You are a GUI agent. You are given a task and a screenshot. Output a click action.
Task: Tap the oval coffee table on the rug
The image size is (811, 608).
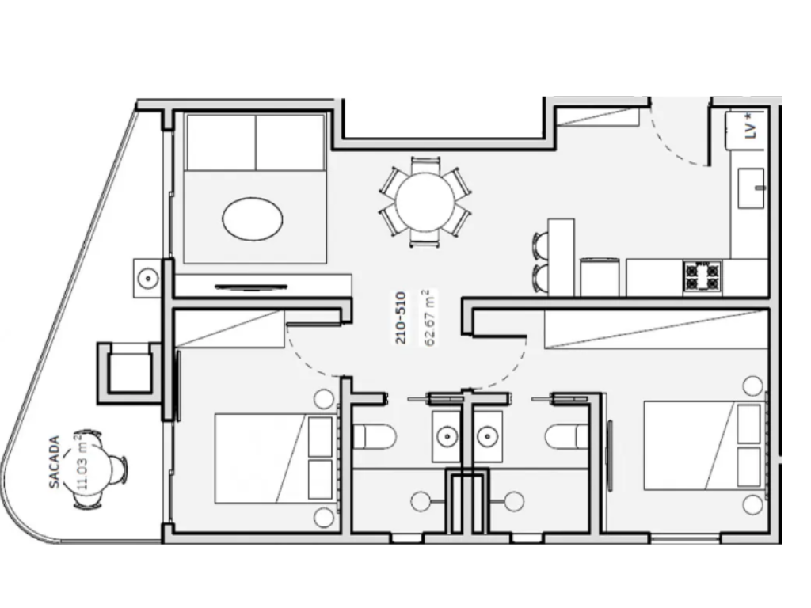point(253,218)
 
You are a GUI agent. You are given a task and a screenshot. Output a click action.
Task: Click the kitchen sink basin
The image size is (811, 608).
point(751,188)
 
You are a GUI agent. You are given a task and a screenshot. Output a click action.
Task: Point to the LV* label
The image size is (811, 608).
point(751,127)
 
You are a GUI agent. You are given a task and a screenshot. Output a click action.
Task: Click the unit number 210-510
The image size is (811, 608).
point(400,318)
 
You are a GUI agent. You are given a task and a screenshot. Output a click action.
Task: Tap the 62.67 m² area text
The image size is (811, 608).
point(428,317)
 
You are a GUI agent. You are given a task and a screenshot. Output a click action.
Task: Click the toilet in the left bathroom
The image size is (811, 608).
point(374,436)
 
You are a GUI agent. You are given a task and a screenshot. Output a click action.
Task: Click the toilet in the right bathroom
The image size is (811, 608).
point(567,436)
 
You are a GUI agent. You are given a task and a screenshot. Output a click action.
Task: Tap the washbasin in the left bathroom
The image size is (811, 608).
point(447,437)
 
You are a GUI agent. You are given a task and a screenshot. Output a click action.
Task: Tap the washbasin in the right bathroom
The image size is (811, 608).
point(487,437)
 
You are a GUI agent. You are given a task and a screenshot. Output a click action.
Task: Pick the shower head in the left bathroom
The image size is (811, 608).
point(421,501)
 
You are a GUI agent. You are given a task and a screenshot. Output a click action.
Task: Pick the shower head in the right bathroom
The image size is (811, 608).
point(514,501)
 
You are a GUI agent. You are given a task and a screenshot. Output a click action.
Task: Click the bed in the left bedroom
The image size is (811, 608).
point(275,458)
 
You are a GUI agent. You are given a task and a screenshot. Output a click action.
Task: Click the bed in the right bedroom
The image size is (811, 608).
point(704,445)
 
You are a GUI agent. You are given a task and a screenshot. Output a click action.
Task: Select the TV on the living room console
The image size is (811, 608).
point(251,287)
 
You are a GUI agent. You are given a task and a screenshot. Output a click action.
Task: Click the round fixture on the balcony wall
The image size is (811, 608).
point(148,279)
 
